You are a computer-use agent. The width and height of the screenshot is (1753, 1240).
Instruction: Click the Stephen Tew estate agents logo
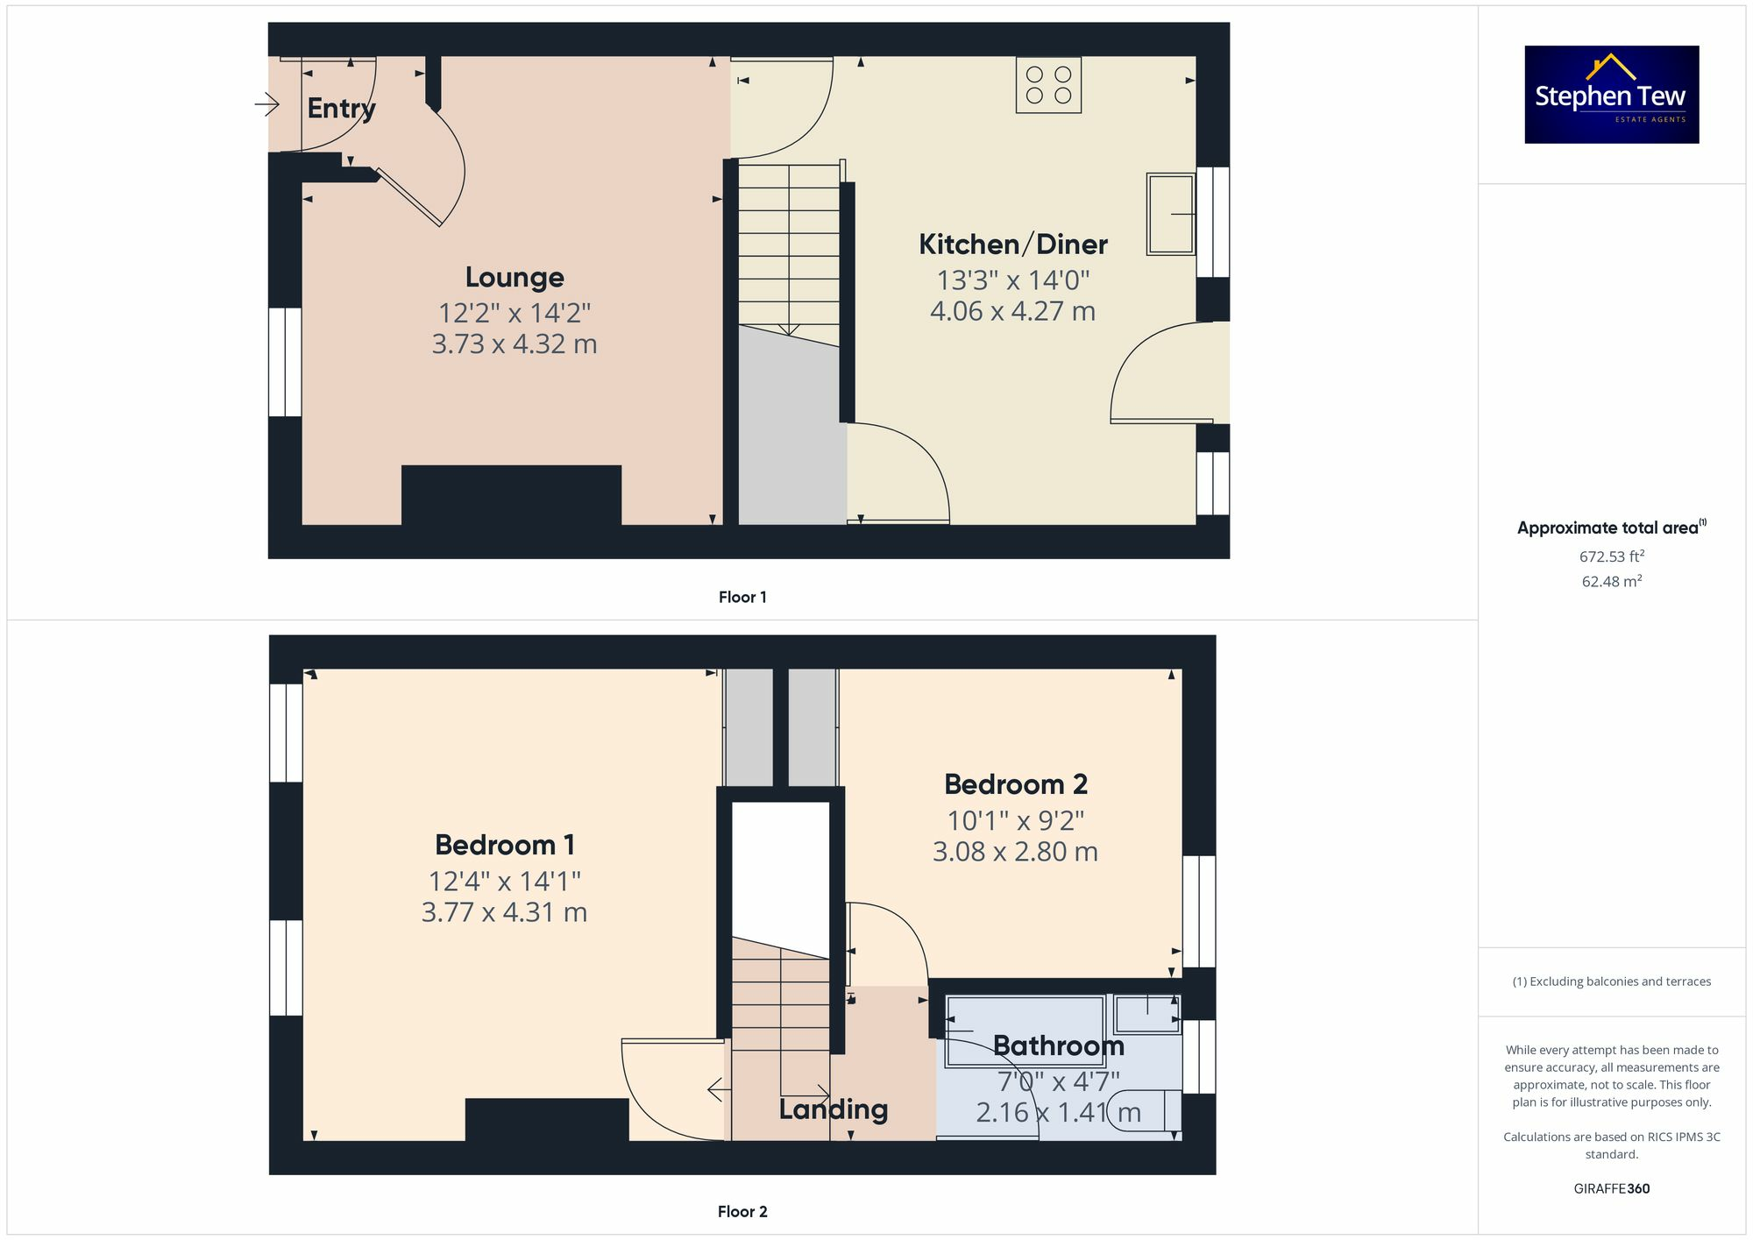[1611, 95]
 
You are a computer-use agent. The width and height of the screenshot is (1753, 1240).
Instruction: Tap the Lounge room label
[515, 278]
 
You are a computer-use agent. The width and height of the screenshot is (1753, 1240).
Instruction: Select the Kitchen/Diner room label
[1012, 244]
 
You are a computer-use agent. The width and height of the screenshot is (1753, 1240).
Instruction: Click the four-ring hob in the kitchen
[1048, 85]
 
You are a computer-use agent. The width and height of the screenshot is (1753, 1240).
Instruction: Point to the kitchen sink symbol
[1171, 214]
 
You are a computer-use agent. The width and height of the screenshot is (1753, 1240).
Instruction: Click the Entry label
[341, 109]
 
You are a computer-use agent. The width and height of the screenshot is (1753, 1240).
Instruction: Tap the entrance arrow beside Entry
[267, 105]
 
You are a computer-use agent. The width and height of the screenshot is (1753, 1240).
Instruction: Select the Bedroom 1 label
[505, 846]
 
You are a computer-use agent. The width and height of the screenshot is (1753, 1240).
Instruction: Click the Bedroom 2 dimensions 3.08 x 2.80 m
[1014, 852]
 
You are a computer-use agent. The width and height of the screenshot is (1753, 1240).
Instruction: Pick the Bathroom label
[1058, 1045]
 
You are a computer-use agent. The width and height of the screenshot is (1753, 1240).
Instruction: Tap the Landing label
[833, 1109]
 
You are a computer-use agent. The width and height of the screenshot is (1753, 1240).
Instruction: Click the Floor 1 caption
[742, 598]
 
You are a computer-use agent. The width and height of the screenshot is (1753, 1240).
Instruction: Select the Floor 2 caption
[742, 1212]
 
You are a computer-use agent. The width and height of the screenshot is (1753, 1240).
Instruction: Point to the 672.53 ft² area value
[1611, 556]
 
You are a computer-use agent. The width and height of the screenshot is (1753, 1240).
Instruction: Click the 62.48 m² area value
[1611, 582]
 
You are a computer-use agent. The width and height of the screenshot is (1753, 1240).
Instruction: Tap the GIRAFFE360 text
[1611, 1189]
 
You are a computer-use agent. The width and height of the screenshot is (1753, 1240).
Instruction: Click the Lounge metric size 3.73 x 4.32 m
[515, 344]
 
